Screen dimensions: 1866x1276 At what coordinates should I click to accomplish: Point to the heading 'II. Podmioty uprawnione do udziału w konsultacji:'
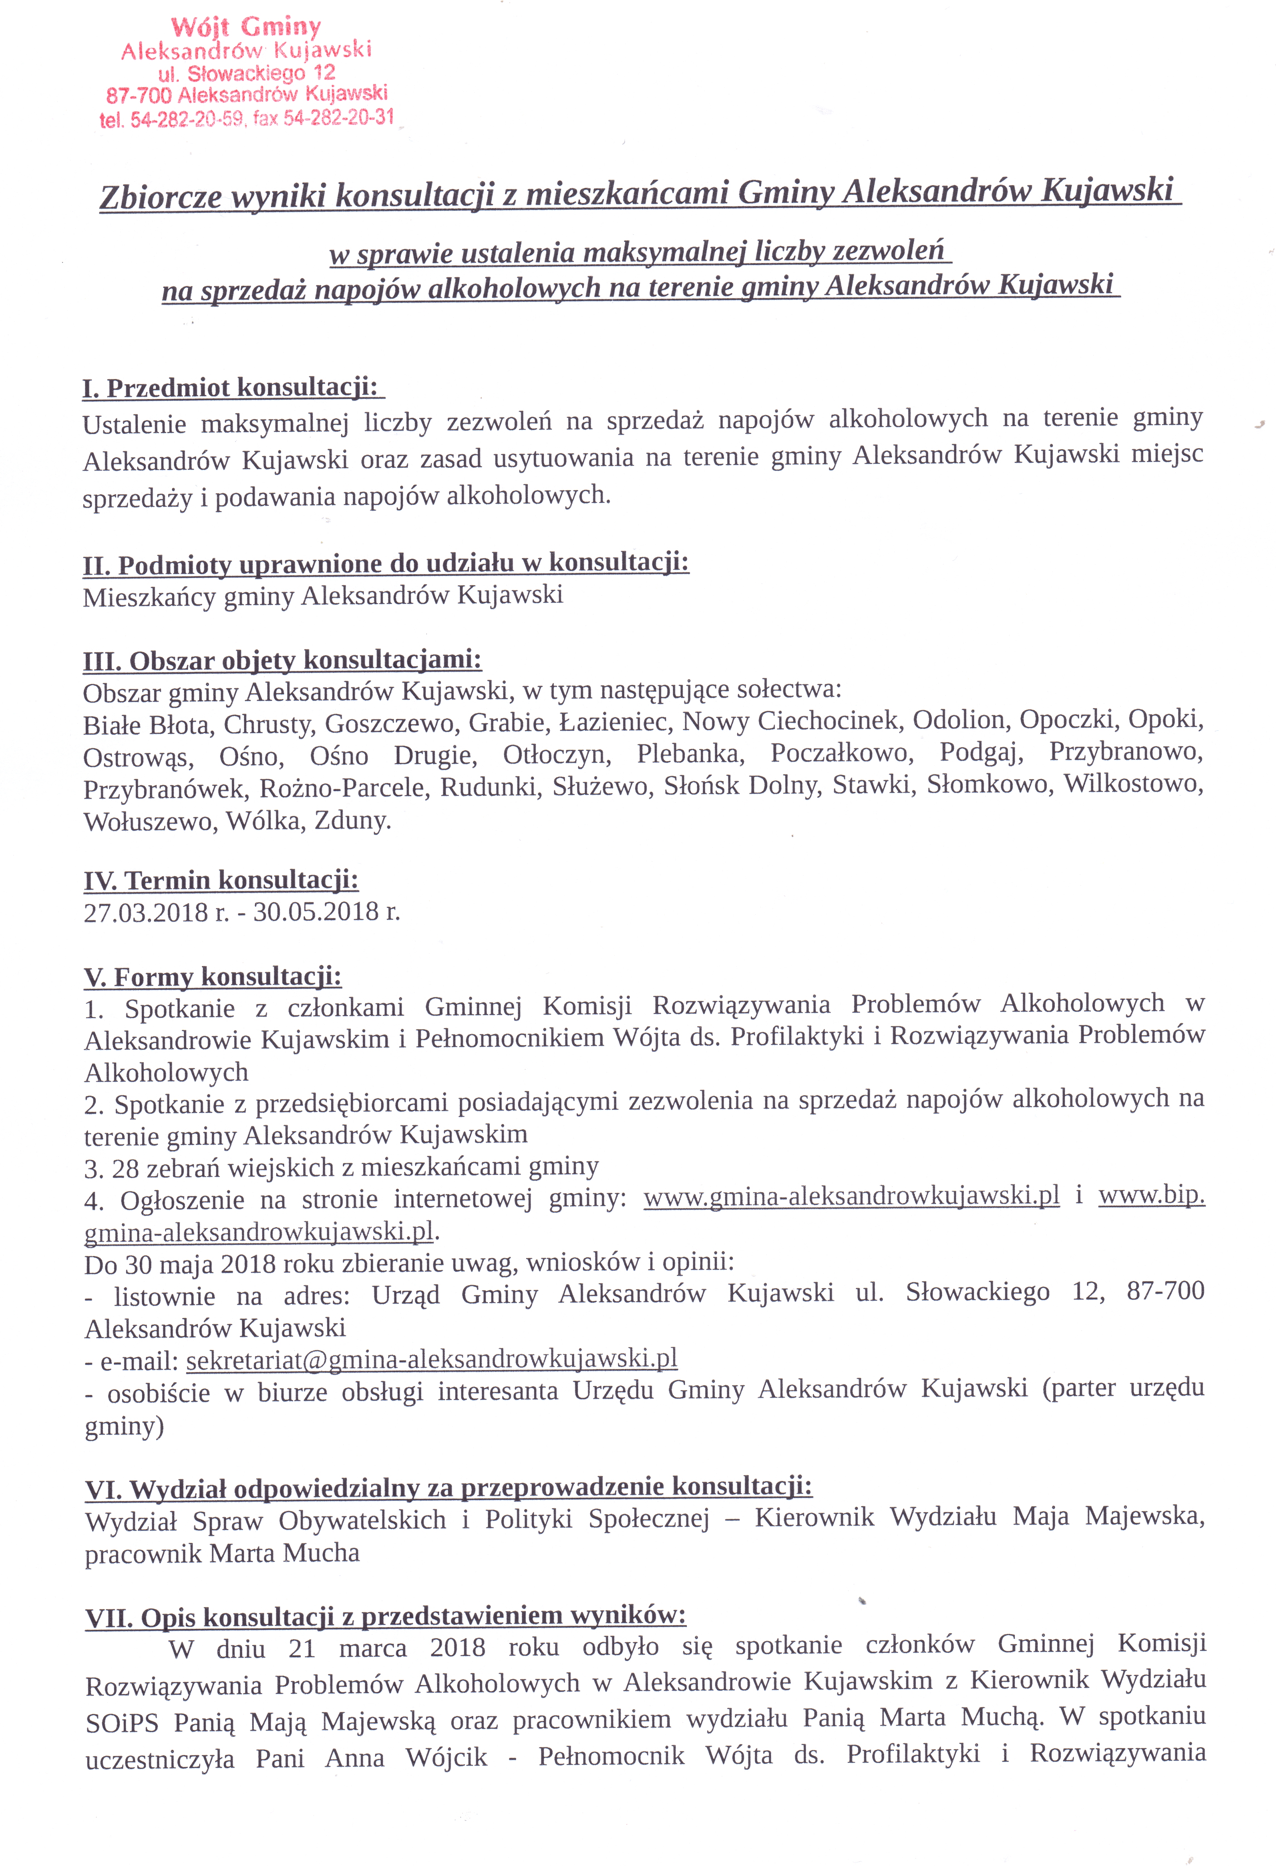[386, 564]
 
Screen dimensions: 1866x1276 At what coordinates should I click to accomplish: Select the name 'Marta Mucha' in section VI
[284, 1553]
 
